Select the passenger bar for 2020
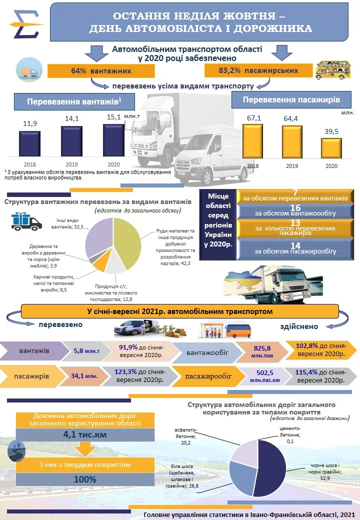pos(331,148)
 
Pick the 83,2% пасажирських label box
pos(258,70)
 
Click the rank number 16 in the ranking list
pos(295,208)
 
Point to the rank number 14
pos(295,245)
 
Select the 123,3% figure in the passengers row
pos(125,372)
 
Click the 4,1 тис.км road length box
pos(85,434)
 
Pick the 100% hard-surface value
pos(85,479)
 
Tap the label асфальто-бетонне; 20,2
pos(185,436)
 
